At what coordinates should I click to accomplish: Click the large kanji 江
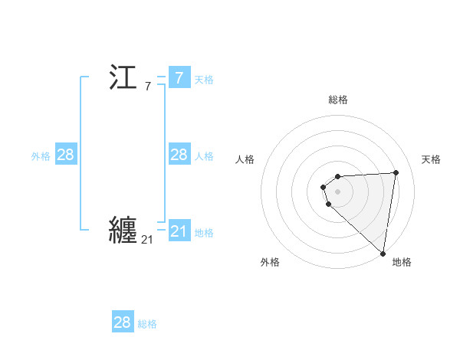pyautogui.click(x=123, y=78)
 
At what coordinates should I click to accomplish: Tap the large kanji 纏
pyautogui.click(x=123, y=230)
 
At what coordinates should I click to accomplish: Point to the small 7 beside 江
pyautogui.click(x=147, y=87)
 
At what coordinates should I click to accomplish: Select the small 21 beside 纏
pyautogui.click(x=147, y=240)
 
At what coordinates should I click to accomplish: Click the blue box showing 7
pyautogui.click(x=179, y=78)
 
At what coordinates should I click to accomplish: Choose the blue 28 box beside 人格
pyautogui.click(x=179, y=155)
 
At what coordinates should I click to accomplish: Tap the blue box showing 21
pyautogui.click(x=179, y=231)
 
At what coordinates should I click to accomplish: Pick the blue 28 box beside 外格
pyautogui.click(x=66, y=155)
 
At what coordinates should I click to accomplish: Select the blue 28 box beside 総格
pyautogui.click(x=123, y=322)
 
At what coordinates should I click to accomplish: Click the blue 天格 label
pyautogui.click(x=204, y=80)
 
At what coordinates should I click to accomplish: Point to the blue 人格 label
pyautogui.click(x=204, y=156)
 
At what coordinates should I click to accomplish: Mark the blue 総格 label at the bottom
pyautogui.click(x=147, y=324)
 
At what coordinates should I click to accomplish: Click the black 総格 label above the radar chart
pyautogui.click(x=338, y=100)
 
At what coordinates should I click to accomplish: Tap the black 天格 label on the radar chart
pyautogui.click(x=432, y=159)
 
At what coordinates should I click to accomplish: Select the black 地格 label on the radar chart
pyautogui.click(x=402, y=262)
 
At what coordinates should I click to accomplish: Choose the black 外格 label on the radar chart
pyautogui.click(x=270, y=262)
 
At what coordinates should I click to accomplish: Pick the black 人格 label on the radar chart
pyautogui.click(x=245, y=159)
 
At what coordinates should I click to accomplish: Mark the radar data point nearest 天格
pyautogui.click(x=396, y=172)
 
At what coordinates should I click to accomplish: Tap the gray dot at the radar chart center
pyautogui.click(x=337, y=190)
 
